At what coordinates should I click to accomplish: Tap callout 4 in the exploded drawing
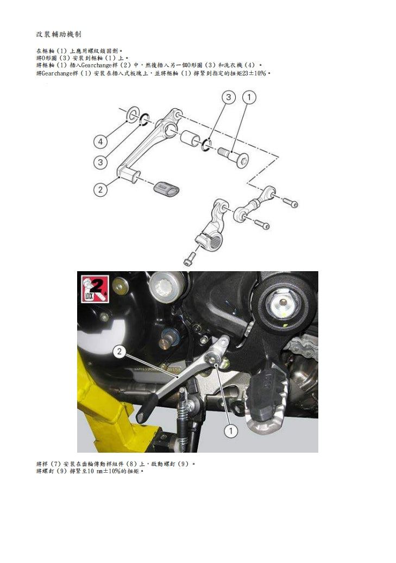100,142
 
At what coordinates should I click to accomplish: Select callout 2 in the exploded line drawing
100,190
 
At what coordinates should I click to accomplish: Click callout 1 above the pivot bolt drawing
249,98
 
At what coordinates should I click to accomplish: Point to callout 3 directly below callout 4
100,162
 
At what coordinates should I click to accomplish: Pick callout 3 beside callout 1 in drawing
229,98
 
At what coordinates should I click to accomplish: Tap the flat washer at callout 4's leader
131,115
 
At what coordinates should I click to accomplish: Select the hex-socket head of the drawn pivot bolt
245,159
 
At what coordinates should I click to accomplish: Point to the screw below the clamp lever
188,259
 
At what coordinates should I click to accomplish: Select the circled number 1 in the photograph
231,430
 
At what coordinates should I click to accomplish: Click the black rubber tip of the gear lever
145,409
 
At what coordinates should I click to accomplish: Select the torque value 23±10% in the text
254,72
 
